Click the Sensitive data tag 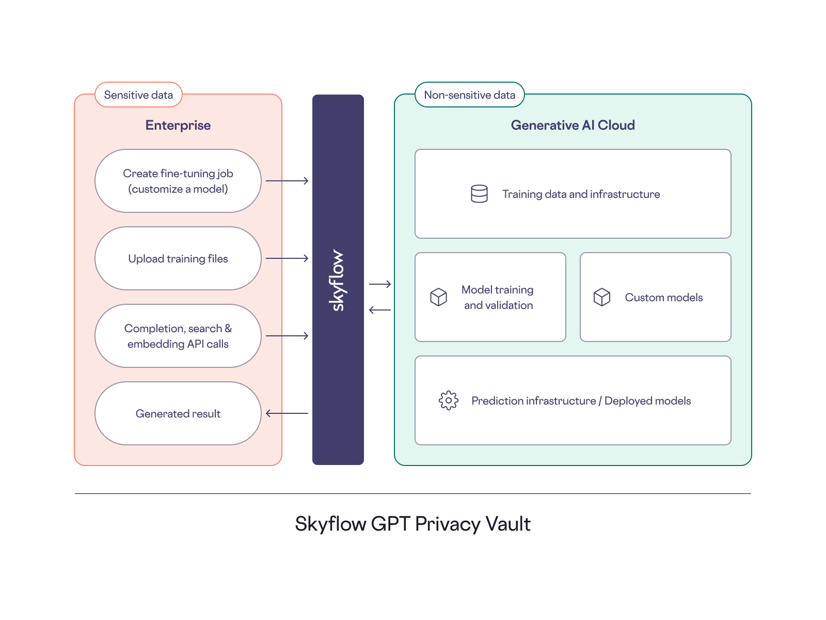(138, 95)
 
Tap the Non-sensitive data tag (469, 95)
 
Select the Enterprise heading (178, 126)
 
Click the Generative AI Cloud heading (573, 126)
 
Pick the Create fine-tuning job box (178, 181)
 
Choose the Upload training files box (178, 258)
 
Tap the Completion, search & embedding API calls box (178, 336)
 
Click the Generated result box (178, 413)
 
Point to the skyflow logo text (338, 280)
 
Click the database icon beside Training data (479, 194)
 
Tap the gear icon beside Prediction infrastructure (448, 400)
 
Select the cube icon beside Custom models (601, 297)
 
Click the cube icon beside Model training (438, 297)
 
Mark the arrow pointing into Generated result (287, 413)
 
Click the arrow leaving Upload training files (287, 258)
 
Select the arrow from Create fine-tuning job (287, 181)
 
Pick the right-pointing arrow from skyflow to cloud (380, 284)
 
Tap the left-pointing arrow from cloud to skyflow (380, 310)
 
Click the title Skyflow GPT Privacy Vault (412, 524)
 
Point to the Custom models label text (663, 298)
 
